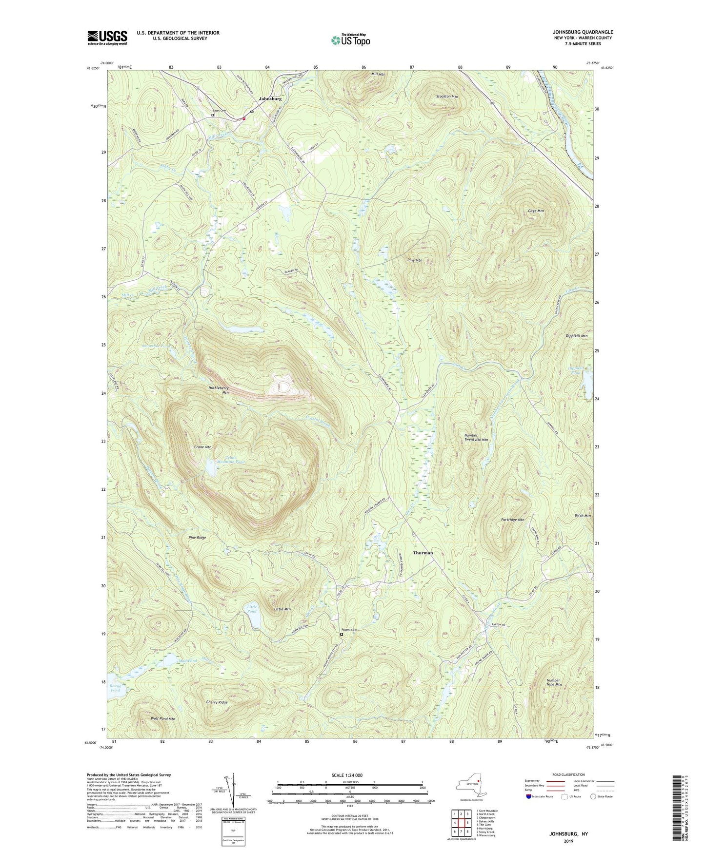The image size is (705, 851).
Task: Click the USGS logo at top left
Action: (x=107, y=38)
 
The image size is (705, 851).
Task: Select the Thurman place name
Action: (x=423, y=553)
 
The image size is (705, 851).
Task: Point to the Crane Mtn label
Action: (x=202, y=447)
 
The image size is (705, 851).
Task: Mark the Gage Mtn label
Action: (x=536, y=211)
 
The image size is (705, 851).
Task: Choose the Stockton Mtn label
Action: (x=447, y=97)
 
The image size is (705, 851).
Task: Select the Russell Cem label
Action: (x=349, y=630)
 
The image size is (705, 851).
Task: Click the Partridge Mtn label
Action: (x=512, y=520)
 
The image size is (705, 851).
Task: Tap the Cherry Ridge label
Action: (x=217, y=702)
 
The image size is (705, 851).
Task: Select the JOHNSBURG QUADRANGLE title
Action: (x=576, y=32)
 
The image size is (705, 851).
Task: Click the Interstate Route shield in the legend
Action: (x=529, y=796)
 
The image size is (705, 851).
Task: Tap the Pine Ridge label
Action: (x=197, y=538)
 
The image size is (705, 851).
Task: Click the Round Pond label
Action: (x=115, y=688)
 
